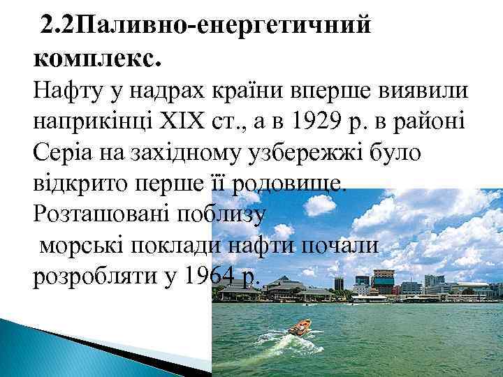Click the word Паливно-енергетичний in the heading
[x=224, y=27]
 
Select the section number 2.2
[x=58, y=27]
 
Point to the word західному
[x=177, y=154]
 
